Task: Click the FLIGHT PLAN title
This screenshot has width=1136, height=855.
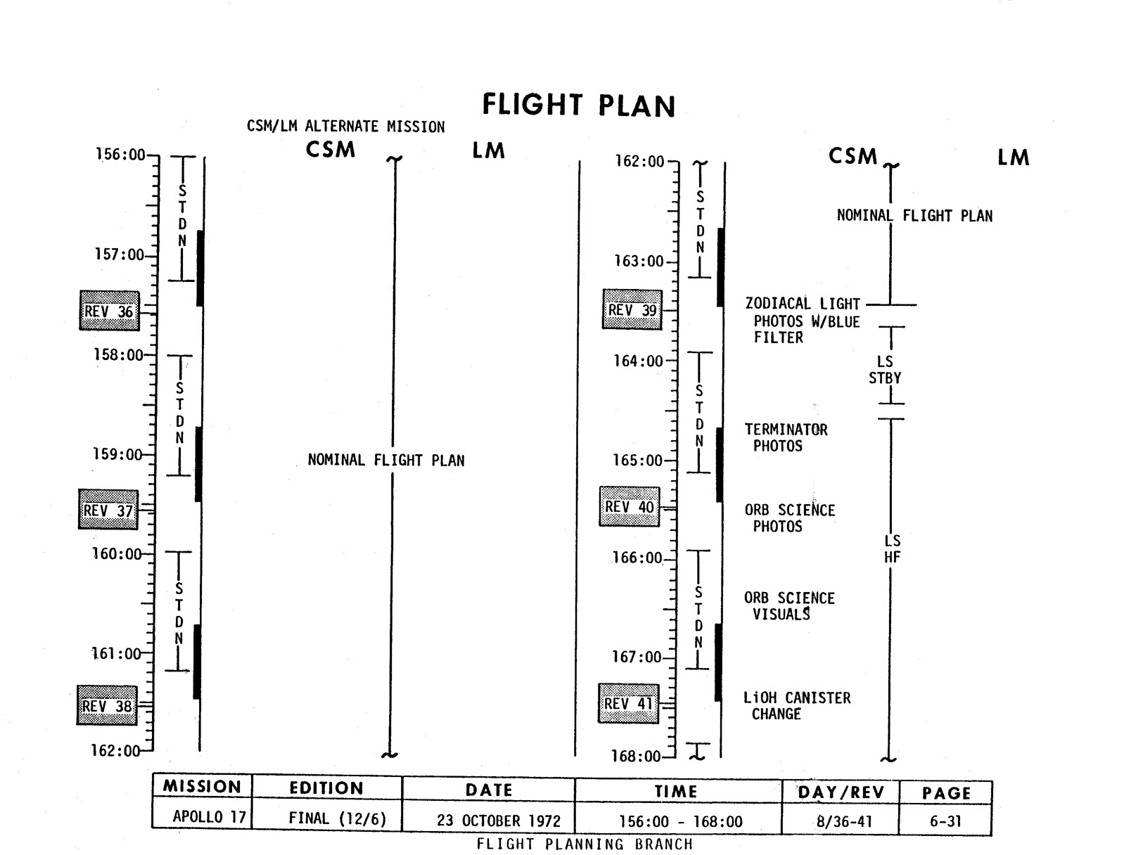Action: (x=578, y=105)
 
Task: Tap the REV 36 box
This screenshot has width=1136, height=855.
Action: (x=109, y=311)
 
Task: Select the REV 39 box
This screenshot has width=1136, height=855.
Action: (x=632, y=310)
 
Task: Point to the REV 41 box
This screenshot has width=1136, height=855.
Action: (x=628, y=703)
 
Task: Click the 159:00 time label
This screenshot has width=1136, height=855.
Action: (x=117, y=454)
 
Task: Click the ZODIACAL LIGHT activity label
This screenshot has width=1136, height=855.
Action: (x=803, y=304)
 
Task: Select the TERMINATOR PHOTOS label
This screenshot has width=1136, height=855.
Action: (x=786, y=437)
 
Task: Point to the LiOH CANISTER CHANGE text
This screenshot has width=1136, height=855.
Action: (x=796, y=706)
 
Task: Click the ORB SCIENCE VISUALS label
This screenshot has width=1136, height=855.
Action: (x=789, y=606)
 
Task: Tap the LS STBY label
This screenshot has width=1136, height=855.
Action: (x=884, y=370)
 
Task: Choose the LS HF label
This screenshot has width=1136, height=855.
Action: (x=892, y=549)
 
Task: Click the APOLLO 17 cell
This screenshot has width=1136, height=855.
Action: (x=209, y=818)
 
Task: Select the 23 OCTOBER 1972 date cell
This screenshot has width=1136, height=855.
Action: (x=489, y=821)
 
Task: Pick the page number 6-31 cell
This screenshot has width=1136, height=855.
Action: (x=946, y=821)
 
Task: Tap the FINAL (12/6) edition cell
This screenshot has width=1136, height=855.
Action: (x=337, y=818)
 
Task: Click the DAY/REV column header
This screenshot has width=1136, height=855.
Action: (x=841, y=793)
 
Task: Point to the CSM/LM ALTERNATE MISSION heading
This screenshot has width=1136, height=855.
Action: (x=345, y=127)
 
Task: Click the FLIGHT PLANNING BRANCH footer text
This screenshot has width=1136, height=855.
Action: (x=584, y=844)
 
